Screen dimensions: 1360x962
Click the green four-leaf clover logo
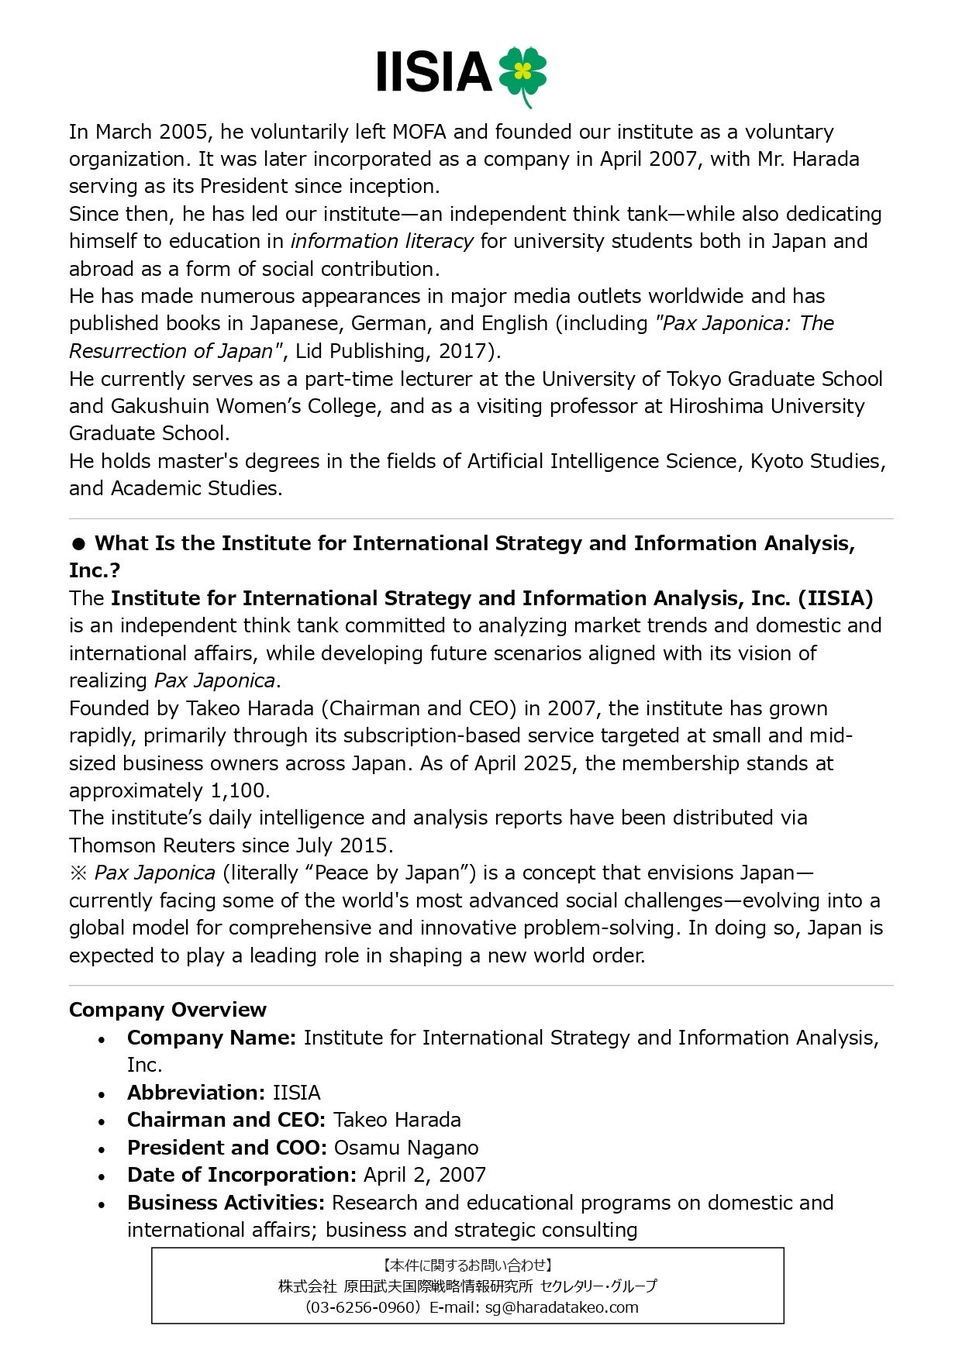(522, 74)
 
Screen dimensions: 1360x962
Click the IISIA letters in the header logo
(433, 73)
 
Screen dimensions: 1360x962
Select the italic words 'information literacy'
(381, 242)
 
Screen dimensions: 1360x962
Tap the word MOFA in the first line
(419, 132)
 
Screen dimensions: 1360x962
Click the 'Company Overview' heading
(167, 1010)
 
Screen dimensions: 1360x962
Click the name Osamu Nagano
(406, 1148)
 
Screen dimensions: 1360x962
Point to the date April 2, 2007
(424, 1175)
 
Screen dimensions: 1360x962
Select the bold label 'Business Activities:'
(226, 1203)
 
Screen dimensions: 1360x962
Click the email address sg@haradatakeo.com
(562, 1308)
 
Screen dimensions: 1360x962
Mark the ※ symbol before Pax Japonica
(79, 873)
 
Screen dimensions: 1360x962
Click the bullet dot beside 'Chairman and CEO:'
(102, 1121)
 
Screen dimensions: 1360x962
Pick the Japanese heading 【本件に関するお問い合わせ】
(467, 1265)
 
